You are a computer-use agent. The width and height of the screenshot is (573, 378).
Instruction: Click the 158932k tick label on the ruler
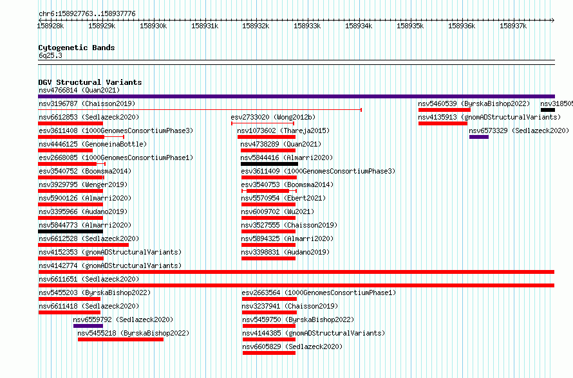pyautogui.click(x=256, y=26)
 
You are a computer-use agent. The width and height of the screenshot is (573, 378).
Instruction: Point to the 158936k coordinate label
pyautogui.click(x=462, y=26)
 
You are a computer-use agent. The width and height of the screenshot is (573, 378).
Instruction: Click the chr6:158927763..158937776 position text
pyautogui.click(x=87, y=14)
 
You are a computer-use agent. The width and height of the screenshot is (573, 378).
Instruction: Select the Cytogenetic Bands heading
pyautogui.click(x=77, y=48)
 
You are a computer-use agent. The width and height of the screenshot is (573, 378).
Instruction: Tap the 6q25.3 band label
pyautogui.click(x=50, y=55)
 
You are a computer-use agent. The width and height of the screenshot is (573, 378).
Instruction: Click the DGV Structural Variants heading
pyautogui.click(x=90, y=82)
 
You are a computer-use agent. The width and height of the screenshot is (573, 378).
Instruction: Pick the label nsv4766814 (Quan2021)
pyautogui.click(x=79, y=90)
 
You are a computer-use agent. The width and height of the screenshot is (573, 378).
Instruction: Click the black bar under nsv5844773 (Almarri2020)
pyautogui.click(x=71, y=231)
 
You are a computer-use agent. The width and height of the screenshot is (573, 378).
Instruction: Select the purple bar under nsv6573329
pyautogui.click(x=479, y=137)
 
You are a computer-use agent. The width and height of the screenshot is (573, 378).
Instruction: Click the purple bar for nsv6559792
pyautogui.click(x=88, y=326)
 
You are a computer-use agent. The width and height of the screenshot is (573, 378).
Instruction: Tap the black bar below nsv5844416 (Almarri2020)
pyautogui.click(x=269, y=164)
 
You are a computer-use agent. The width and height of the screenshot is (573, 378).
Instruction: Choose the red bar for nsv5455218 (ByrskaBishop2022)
pyautogui.click(x=120, y=339)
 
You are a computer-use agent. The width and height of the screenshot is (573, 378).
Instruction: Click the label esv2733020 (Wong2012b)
pyautogui.click(x=273, y=117)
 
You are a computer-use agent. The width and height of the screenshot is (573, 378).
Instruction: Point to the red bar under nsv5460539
pyautogui.click(x=444, y=110)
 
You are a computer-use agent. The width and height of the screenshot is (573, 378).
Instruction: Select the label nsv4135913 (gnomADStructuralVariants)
pyautogui.click(x=489, y=117)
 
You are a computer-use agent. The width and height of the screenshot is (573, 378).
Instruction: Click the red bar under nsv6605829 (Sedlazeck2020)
pyautogui.click(x=269, y=353)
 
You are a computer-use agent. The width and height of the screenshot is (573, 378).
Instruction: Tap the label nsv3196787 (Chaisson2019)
pyautogui.click(x=87, y=104)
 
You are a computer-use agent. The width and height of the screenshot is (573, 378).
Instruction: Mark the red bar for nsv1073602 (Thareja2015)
pyautogui.click(x=267, y=137)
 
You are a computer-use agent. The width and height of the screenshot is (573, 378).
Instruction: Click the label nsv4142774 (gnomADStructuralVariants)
pyautogui.click(x=110, y=265)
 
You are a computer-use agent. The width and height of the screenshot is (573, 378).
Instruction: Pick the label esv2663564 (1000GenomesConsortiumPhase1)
pyautogui.click(x=319, y=292)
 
